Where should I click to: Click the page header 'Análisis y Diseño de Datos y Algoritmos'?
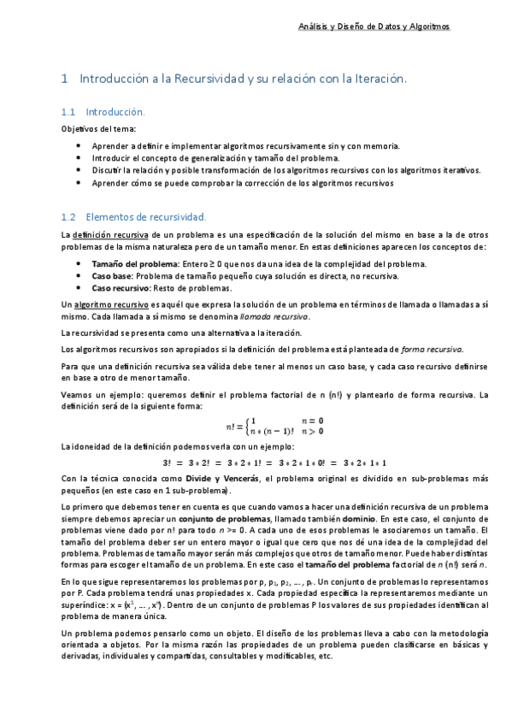tap(391, 27)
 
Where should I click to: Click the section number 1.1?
tap(70, 112)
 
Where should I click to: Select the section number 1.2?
tap(70, 217)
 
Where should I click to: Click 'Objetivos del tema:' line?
tap(92, 128)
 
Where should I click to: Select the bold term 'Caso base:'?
tap(111, 276)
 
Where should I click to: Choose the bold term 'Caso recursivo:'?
tap(121, 288)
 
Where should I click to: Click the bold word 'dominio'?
tap(345, 519)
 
